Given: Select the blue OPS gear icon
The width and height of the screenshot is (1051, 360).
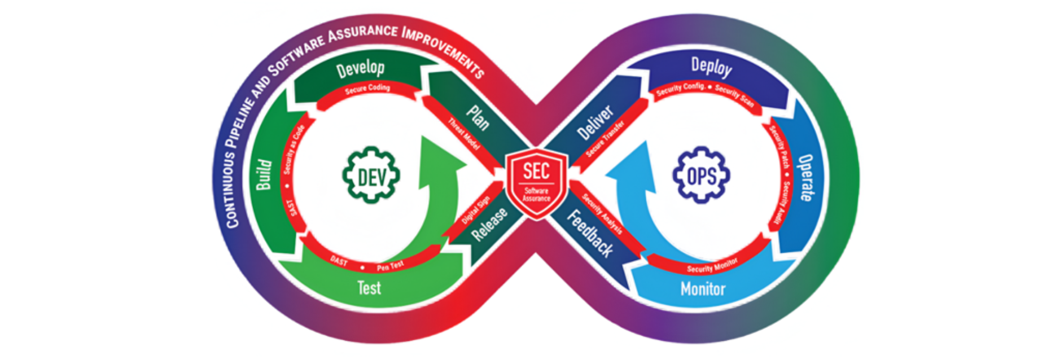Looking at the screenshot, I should pyautogui.click(x=701, y=175).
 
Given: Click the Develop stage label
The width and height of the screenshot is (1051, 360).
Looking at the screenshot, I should pyautogui.click(x=360, y=69).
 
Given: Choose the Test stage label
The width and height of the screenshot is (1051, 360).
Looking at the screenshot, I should pyautogui.click(x=369, y=288).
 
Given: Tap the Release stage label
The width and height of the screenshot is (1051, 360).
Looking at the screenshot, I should pyautogui.click(x=489, y=224).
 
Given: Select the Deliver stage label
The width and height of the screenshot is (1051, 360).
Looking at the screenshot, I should pyautogui.click(x=595, y=122).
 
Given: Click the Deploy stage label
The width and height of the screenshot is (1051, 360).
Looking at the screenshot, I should pyautogui.click(x=711, y=67).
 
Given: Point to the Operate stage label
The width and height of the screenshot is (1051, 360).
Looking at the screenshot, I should pyautogui.click(x=805, y=178).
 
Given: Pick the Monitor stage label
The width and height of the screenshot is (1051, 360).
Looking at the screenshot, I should pyautogui.click(x=703, y=289).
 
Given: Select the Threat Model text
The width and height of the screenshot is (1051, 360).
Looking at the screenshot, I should pyautogui.click(x=464, y=134).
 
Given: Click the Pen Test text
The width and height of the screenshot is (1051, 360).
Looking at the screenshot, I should pyautogui.click(x=390, y=266).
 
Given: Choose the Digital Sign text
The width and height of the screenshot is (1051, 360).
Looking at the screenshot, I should pyautogui.click(x=475, y=210).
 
